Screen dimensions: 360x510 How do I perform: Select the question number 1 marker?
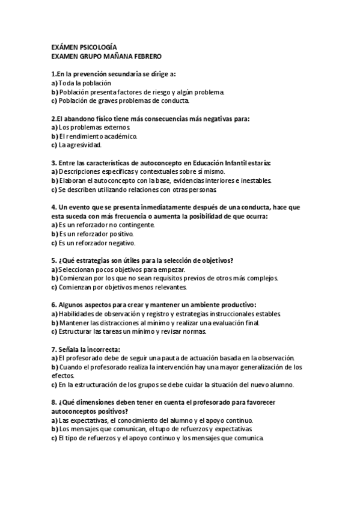tap(53, 74)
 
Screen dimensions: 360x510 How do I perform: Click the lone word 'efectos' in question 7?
tap(63, 375)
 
